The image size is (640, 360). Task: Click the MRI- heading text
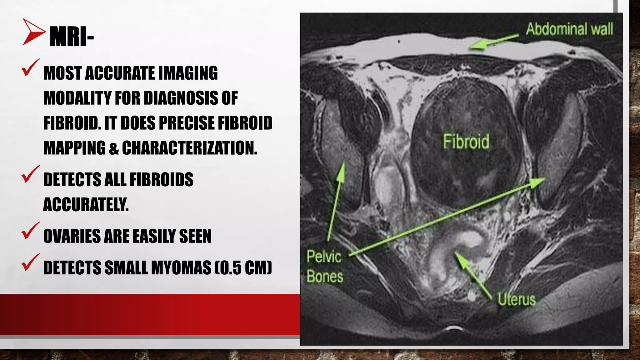[x=72, y=37]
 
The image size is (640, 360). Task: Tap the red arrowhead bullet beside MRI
[x=33, y=32]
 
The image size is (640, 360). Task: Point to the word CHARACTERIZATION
[x=190, y=148]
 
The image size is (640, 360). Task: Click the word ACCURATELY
[x=86, y=205]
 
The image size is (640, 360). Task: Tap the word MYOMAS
[x=181, y=268]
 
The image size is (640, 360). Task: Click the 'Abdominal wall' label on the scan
[x=569, y=29]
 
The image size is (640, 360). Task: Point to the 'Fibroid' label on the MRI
[x=466, y=142]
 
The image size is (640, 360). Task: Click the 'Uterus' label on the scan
[x=516, y=299]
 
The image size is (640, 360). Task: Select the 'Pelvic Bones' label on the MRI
[x=325, y=266]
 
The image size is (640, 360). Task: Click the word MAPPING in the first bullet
[x=75, y=148]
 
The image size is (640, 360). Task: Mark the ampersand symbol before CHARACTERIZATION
[x=114, y=148]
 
